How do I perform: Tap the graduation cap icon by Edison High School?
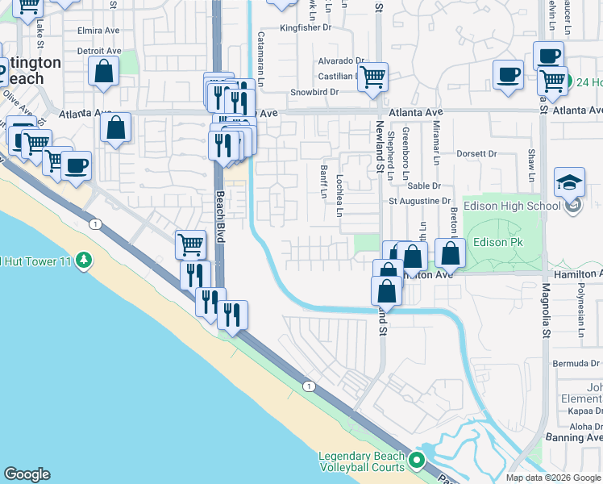(569, 183)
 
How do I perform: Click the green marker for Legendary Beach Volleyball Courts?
(416, 460)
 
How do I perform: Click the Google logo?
(27, 474)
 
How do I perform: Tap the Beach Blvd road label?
(219, 216)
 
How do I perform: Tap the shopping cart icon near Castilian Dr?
(372, 77)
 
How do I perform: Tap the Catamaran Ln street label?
(260, 49)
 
